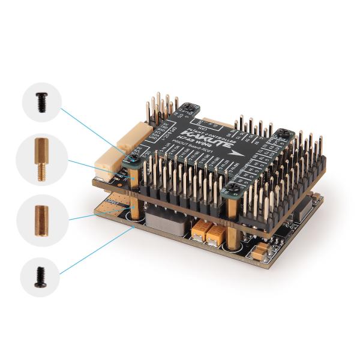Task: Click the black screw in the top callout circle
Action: [x=43, y=102]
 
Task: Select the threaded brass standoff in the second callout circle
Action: [x=43, y=159]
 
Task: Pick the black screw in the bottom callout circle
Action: [x=43, y=277]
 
